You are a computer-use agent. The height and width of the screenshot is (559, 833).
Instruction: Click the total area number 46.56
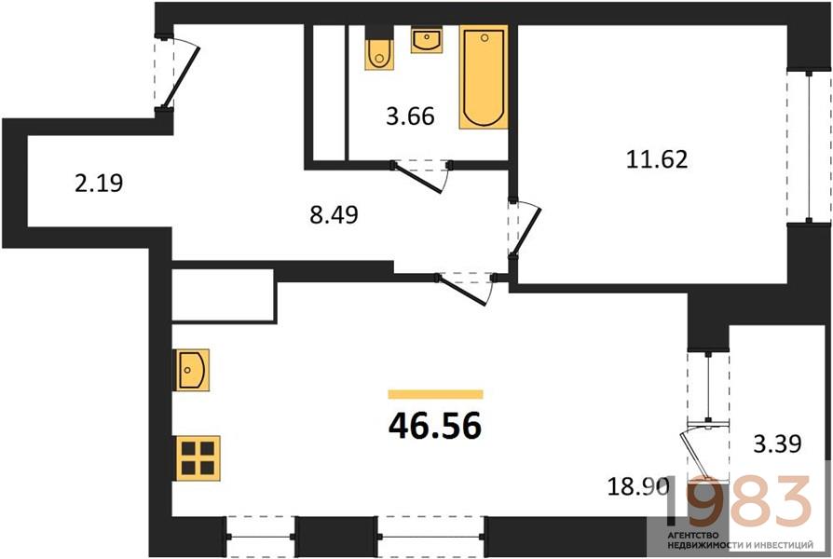point(435,426)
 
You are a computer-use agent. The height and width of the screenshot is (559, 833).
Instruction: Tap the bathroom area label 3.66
point(410,116)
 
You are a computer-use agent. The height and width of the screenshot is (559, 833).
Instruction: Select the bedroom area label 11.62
point(657,159)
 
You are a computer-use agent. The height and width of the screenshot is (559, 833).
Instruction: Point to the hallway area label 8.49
point(335,214)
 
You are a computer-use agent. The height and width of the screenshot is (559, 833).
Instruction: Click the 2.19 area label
point(99,184)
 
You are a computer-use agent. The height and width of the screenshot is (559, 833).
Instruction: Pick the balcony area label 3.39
point(777,443)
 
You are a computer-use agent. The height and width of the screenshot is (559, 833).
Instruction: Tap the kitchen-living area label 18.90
point(637,486)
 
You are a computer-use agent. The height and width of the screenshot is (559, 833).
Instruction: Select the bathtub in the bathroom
point(484,77)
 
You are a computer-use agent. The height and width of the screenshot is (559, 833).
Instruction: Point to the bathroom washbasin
point(426,40)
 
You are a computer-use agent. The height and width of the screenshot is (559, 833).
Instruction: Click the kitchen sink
point(191,370)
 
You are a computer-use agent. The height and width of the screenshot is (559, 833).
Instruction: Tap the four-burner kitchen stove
point(197,458)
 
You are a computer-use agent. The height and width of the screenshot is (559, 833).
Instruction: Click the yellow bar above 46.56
point(436,394)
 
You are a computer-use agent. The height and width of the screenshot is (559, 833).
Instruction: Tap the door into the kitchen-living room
point(465,290)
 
